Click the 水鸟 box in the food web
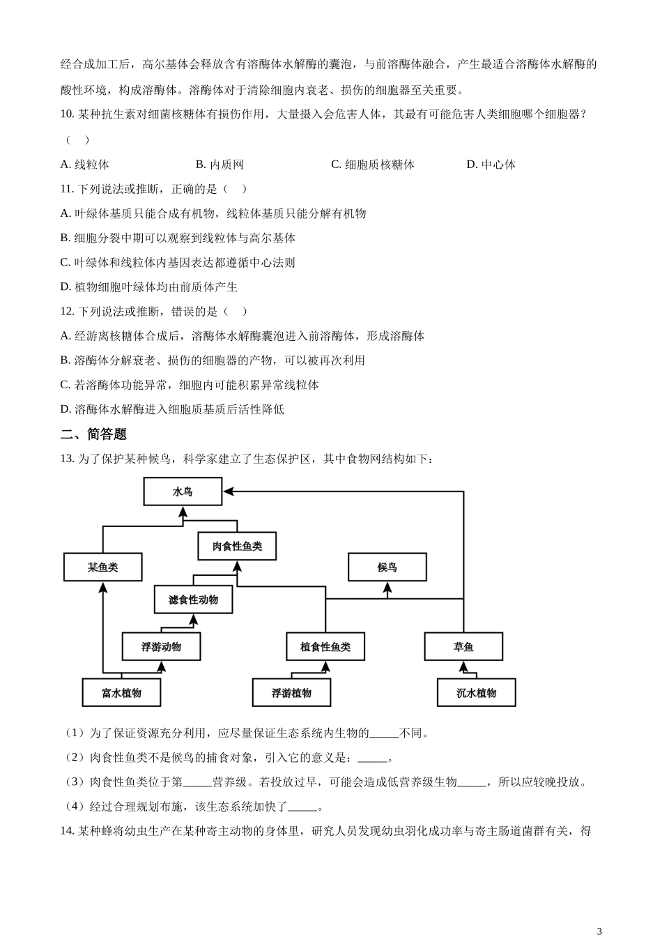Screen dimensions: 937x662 pos(183,492)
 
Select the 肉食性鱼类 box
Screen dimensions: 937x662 pos(237,546)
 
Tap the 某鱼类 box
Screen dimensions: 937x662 pos(102,567)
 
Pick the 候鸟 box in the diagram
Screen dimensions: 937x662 pos(387,567)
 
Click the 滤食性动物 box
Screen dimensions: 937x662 pos(193,600)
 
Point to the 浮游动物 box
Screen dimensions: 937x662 pos(161,646)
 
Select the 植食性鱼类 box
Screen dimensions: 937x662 pos(325,646)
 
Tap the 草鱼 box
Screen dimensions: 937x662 pos(463,646)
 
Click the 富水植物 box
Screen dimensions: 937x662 pos(121,692)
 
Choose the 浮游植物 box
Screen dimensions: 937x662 pos(291,692)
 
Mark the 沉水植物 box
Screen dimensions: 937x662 pos(477,692)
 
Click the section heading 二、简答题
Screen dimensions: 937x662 pos(93,434)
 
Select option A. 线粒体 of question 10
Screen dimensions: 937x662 pos(85,165)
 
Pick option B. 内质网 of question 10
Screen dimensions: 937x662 pos(220,165)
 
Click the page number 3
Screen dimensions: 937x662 pos(599,930)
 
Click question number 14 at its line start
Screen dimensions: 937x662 pos(67,830)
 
